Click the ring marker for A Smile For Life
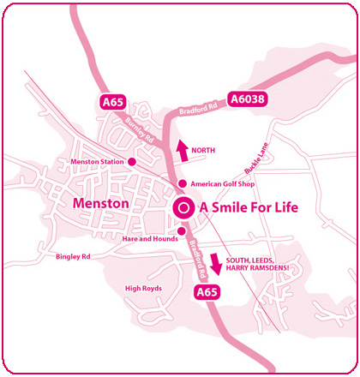(x=183, y=207)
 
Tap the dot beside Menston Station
(x=132, y=160)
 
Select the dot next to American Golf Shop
(x=181, y=184)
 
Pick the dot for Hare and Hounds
(x=181, y=230)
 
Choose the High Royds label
(x=143, y=288)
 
